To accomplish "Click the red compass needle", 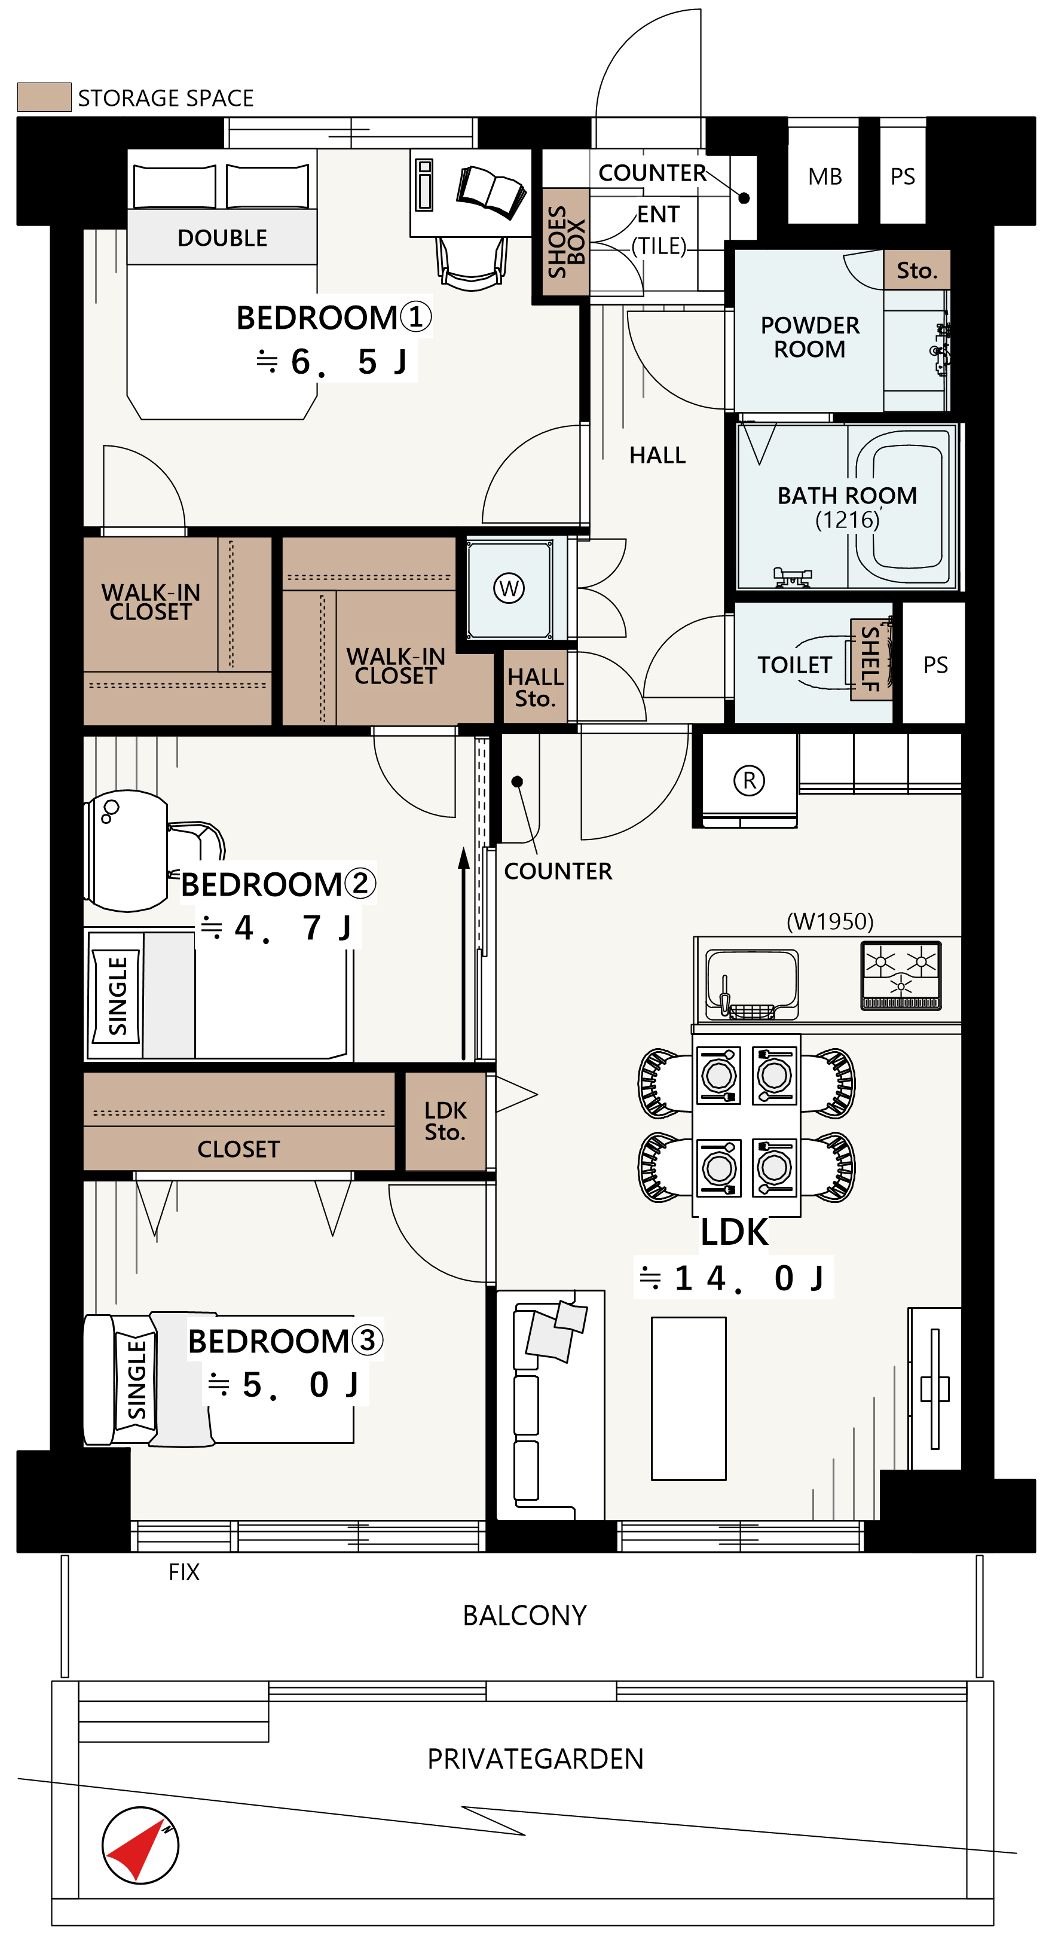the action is [137, 1849].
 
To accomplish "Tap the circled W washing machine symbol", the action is [509, 588].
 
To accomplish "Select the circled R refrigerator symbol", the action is [749, 781].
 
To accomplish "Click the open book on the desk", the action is [491, 191].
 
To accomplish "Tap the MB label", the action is [825, 176].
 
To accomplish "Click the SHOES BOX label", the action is [566, 242].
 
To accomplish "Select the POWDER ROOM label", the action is [810, 337].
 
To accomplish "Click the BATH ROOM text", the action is [848, 495].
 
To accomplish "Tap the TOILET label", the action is [794, 665].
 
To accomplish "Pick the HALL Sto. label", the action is [535, 687].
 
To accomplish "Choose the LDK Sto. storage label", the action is [445, 1121].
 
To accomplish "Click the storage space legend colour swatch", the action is [44, 97].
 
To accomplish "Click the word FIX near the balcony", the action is [184, 1572].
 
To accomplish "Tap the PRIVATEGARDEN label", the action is [535, 1759].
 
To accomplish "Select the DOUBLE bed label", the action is [222, 238].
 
